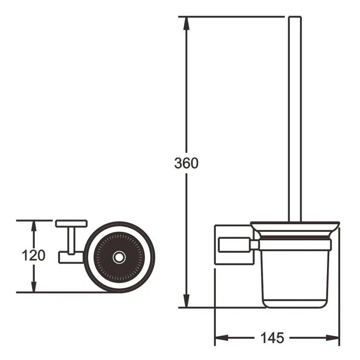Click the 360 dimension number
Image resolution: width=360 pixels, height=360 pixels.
[x=186, y=163]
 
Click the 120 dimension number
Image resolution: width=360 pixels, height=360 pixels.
[x=34, y=255]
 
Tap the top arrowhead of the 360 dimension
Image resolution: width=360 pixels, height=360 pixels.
[x=186, y=23]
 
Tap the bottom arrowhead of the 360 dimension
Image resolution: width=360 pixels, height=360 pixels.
[x=186, y=300]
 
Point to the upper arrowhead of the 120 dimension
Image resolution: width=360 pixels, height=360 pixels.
[x=34, y=226]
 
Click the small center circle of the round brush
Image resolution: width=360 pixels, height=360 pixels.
[x=119, y=257]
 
